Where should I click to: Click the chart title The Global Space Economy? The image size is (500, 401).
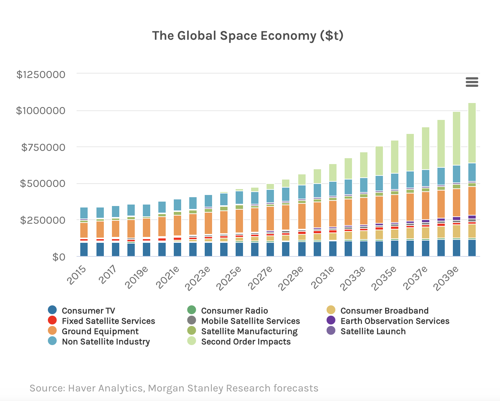(247, 36)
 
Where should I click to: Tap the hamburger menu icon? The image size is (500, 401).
(472, 82)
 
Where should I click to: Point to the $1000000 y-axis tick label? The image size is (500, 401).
(41, 111)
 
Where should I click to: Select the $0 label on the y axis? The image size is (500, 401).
(59, 257)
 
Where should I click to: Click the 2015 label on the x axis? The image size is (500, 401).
(77, 275)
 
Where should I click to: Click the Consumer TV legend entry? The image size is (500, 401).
(88, 311)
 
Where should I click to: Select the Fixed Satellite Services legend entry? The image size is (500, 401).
(108, 321)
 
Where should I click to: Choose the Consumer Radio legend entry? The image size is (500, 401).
(234, 311)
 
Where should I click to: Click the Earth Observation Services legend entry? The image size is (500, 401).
(395, 321)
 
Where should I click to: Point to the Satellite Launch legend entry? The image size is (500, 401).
(373, 331)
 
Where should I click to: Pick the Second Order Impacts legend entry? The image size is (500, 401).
(246, 342)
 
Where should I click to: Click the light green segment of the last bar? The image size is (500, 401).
(472, 133)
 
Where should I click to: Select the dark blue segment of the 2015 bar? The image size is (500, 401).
(84, 249)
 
